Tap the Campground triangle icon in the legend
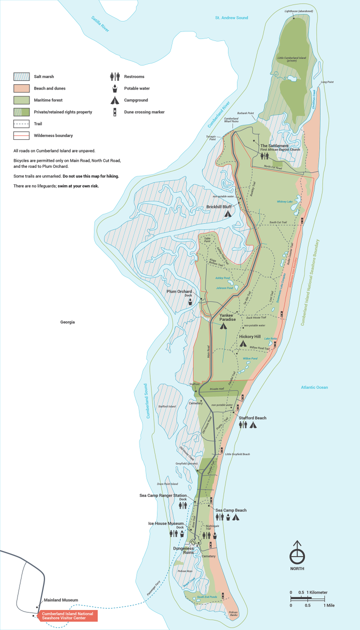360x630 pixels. click(114, 100)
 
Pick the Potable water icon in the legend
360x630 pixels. click(114, 88)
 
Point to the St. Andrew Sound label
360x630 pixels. click(231, 18)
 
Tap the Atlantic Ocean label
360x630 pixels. click(314, 387)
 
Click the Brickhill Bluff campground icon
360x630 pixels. click(227, 214)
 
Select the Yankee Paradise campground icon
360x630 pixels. click(223, 326)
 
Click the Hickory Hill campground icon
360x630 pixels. click(243, 344)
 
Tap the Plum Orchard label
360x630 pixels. click(179, 291)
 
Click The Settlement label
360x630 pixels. click(274, 146)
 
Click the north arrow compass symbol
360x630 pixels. click(297, 554)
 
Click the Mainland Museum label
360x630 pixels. click(61, 600)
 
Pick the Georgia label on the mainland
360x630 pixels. click(67, 322)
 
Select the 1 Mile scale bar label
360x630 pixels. click(328, 605)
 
